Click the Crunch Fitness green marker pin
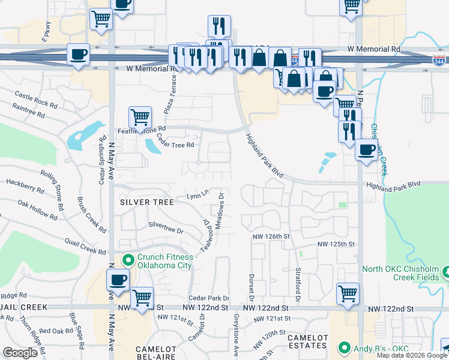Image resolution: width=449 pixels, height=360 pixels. [127, 260]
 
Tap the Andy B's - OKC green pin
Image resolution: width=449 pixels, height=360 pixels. [344, 347]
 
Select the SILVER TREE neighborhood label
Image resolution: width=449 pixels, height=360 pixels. [146, 202]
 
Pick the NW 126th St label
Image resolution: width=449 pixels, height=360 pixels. [271, 236]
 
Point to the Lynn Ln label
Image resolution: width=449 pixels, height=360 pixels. [197, 194]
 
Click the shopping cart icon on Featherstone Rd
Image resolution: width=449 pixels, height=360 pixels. [140, 117]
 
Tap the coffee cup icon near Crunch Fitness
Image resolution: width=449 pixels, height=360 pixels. [118, 280]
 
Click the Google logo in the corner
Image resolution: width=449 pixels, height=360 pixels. [20, 352]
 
